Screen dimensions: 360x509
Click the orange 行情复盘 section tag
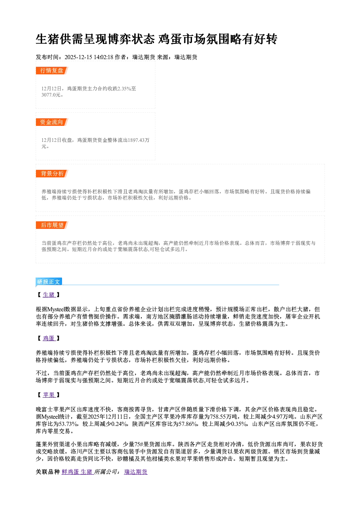52,70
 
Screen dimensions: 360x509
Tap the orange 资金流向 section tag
52,122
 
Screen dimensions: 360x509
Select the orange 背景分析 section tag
52,174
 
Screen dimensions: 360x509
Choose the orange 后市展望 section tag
52,225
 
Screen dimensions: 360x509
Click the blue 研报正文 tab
49,282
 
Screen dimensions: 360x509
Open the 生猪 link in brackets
49,295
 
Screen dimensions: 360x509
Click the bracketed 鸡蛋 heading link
49,338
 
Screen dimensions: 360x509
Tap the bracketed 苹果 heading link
49,395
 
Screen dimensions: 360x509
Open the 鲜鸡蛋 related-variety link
70,472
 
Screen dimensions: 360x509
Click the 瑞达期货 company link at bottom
136,472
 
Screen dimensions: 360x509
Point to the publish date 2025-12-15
78,57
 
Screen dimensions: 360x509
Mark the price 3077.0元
51,95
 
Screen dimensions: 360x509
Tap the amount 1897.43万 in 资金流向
139,140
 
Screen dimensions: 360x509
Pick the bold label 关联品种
48,472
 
